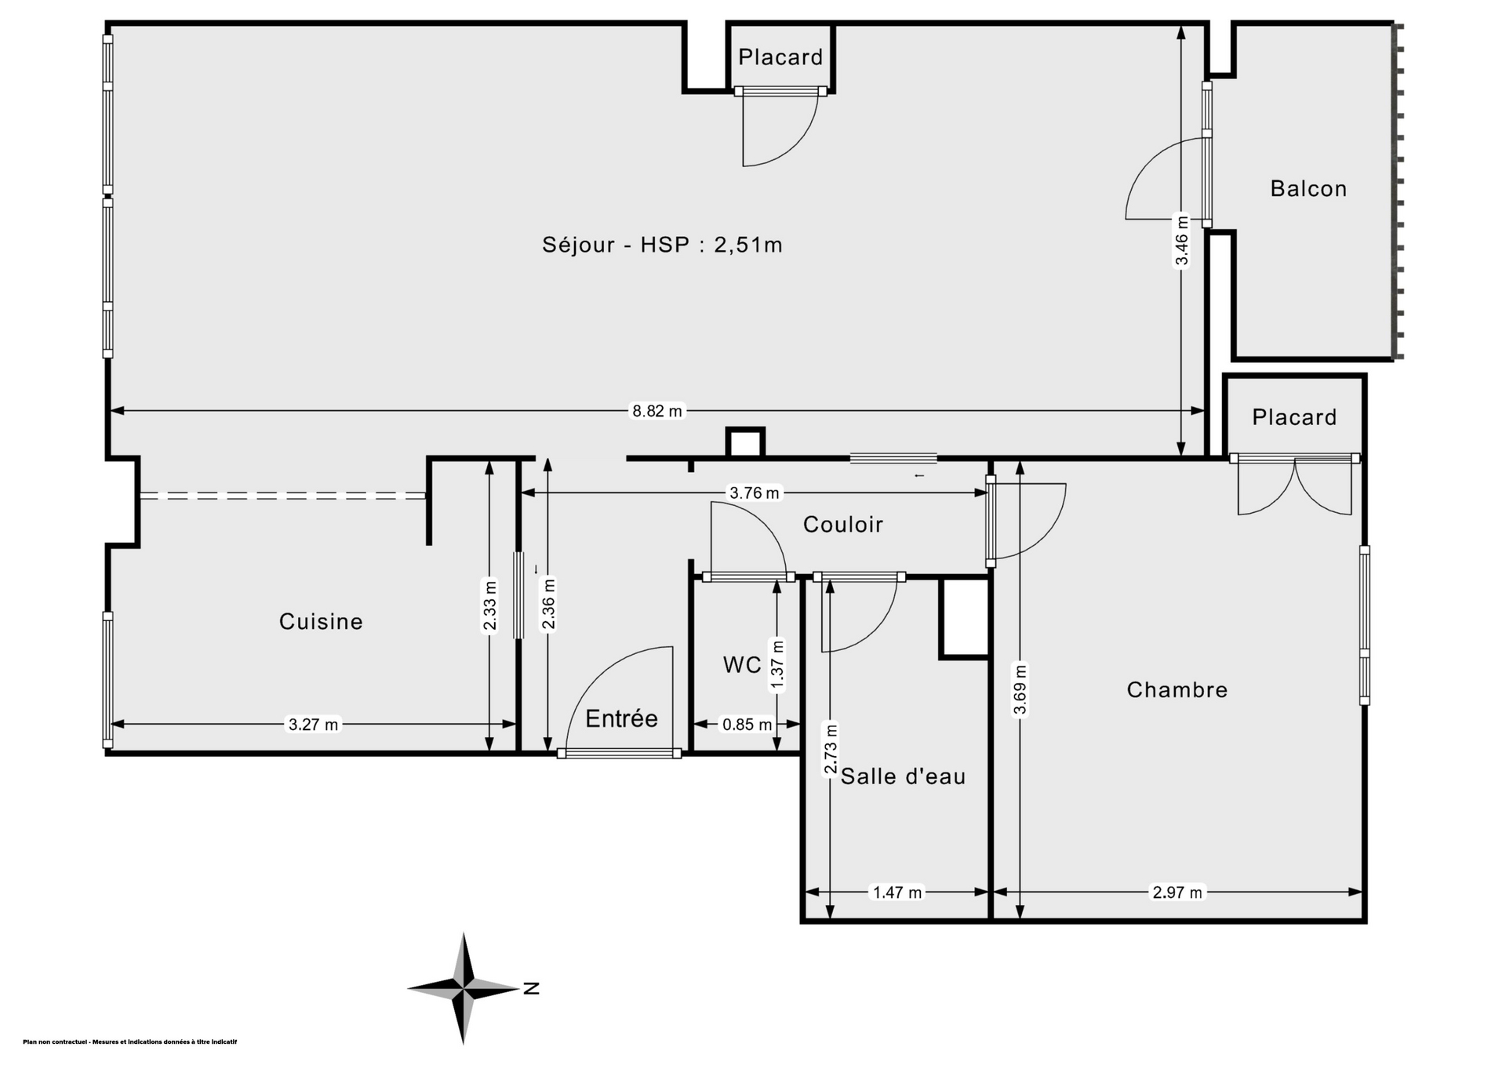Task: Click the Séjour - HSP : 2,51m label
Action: click(x=662, y=245)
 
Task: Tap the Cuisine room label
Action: click(x=321, y=621)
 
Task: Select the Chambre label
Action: click(x=1177, y=689)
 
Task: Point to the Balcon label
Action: click(x=1308, y=188)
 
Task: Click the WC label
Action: click(x=742, y=665)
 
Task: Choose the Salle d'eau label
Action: click(x=903, y=776)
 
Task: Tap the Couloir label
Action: click(x=843, y=524)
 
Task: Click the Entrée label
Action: click(x=621, y=718)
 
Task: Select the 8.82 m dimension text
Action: click(x=657, y=410)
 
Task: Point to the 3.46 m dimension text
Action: click(x=1182, y=241)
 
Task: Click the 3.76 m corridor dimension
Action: click(x=755, y=493)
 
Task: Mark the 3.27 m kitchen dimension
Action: click(x=313, y=725)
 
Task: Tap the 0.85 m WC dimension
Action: click(x=747, y=725)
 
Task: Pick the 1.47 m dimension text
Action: click(x=897, y=892)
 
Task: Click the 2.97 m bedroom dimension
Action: click(x=1177, y=892)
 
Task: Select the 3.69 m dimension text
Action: click(x=1020, y=691)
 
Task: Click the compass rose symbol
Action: click(x=464, y=988)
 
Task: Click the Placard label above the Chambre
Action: click(x=1294, y=417)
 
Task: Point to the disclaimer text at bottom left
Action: click(x=130, y=1042)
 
